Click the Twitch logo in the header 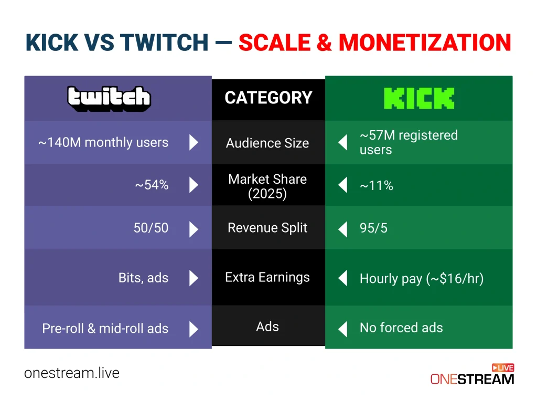[109, 98]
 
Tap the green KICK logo [419, 98]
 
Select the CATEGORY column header [268, 98]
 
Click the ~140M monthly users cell [103, 142]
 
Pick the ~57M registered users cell [408, 142]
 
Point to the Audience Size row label [267, 143]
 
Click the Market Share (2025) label [267, 186]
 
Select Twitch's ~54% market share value [152, 185]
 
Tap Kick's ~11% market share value [376, 185]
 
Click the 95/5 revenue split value [373, 228]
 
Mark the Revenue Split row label [267, 228]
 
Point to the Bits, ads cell [143, 278]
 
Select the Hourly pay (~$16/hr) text [421, 278]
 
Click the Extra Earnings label [267, 277]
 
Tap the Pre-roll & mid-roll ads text [105, 329]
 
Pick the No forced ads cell [401, 328]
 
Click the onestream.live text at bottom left [72, 373]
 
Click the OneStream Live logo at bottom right [472, 374]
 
